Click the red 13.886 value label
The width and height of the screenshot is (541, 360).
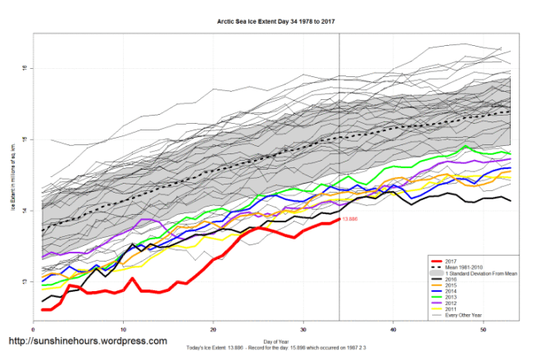tap(350, 219)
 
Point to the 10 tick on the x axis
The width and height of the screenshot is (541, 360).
tap(123, 329)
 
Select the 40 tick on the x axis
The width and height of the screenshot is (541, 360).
tap(393, 329)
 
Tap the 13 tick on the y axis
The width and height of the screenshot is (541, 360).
tap(25, 281)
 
